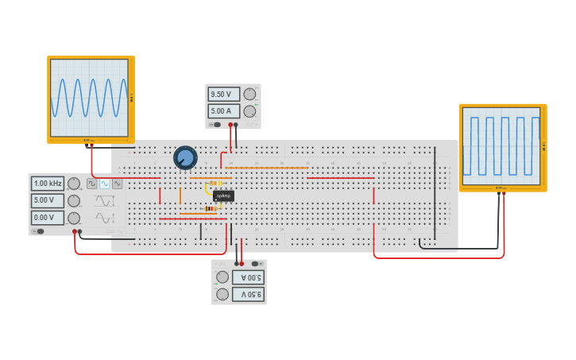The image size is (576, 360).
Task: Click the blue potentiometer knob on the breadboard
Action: (185, 157)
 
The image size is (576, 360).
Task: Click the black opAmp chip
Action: (223, 195)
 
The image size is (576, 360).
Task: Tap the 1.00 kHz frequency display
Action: (48, 184)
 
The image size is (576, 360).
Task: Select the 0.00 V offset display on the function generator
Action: (48, 217)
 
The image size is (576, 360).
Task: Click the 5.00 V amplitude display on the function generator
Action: (48, 200)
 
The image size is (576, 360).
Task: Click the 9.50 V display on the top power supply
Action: (223, 95)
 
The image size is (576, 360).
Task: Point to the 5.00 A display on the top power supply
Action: (223, 111)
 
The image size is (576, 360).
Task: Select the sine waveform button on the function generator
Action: (104, 184)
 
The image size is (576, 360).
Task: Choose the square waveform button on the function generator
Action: (91, 184)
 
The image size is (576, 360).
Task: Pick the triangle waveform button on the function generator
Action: (118, 184)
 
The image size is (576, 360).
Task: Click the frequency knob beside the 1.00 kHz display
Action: (74, 184)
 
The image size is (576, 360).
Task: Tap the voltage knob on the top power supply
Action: (249, 95)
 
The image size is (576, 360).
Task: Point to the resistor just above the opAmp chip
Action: (215, 183)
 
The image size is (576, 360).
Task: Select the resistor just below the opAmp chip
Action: (211, 209)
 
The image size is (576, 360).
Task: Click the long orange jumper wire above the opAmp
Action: (267, 168)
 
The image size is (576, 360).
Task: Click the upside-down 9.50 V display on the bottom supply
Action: (248, 294)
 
